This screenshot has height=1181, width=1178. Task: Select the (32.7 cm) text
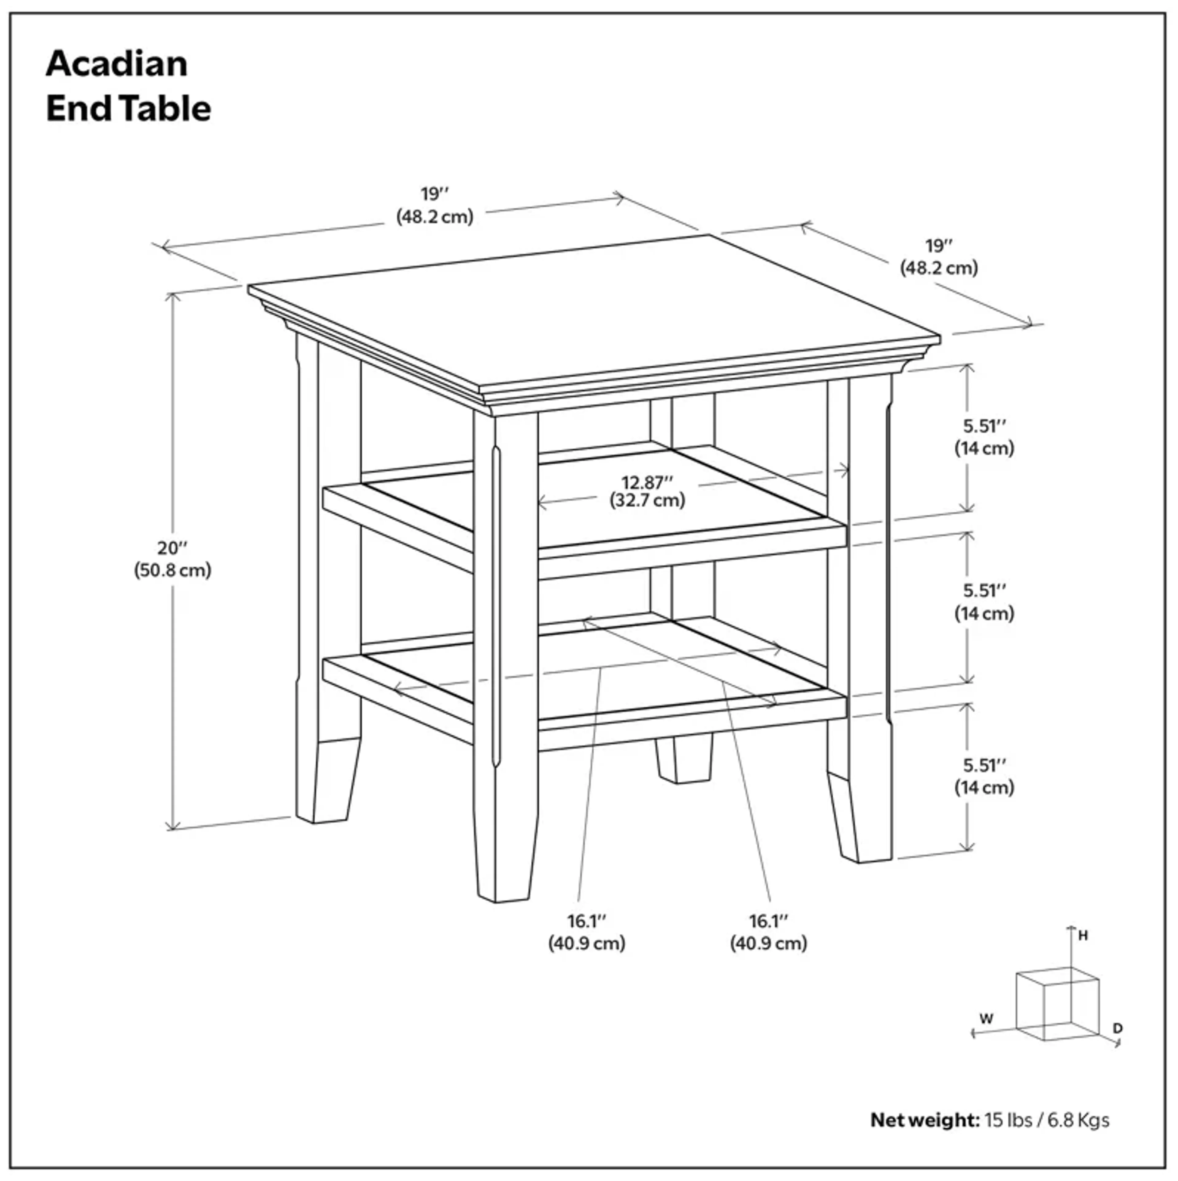[647, 501]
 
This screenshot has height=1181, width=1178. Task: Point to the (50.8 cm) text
[172, 570]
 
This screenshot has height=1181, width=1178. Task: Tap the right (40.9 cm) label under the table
[768, 943]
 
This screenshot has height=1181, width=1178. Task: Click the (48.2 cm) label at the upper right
[938, 268]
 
